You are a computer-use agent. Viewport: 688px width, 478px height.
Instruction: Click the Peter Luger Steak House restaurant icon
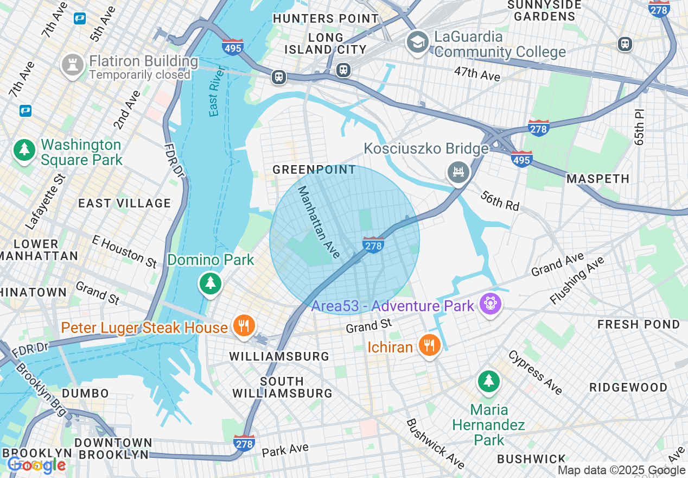tap(244, 326)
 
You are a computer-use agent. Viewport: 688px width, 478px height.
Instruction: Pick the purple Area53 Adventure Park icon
tap(490, 303)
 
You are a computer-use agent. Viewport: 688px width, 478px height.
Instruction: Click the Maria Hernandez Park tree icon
tap(489, 381)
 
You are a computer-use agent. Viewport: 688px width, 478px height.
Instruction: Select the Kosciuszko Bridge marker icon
tap(458, 172)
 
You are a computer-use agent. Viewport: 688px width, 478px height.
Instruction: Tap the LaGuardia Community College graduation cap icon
tap(418, 43)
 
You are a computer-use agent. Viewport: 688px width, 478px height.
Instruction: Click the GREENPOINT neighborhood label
tap(314, 170)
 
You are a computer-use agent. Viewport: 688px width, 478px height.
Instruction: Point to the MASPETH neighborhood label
tap(598, 179)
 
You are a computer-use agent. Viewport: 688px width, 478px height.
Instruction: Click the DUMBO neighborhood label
tap(85, 393)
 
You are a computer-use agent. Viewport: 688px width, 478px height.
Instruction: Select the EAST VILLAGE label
tap(125, 203)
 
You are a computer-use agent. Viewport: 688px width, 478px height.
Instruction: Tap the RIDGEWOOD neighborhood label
tap(628, 387)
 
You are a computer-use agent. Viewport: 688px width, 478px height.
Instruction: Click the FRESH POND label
tap(639, 324)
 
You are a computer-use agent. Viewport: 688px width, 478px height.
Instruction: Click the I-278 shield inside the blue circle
tap(373, 244)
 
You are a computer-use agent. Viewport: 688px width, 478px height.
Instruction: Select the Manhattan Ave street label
tap(319, 222)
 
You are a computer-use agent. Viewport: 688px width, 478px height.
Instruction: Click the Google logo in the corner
tap(36, 465)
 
